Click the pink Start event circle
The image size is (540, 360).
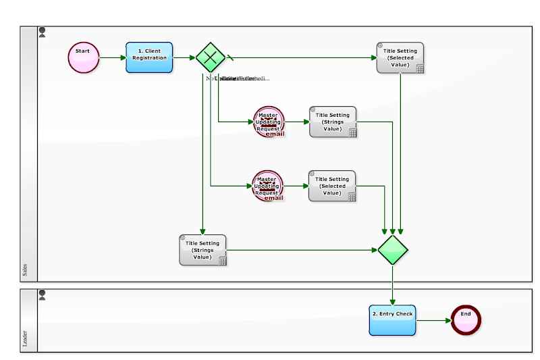[84, 57]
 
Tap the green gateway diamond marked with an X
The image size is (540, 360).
[210, 57]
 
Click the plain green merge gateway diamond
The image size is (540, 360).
[392, 250]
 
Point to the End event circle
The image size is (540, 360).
[466, 319]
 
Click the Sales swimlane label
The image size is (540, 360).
[26, 271]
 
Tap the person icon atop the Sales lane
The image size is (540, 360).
[43, 32]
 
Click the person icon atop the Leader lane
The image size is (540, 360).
[43, 294]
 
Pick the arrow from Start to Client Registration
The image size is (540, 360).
[113, 57]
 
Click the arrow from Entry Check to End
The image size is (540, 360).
[433, 319]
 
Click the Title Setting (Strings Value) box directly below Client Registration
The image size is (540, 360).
[202, 250]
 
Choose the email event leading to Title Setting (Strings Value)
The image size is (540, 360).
[269, 122]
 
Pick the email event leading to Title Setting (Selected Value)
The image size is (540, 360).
[268, 186]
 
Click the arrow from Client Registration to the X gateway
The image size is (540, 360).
[184, 57]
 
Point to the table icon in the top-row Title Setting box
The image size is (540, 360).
[419, 68]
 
